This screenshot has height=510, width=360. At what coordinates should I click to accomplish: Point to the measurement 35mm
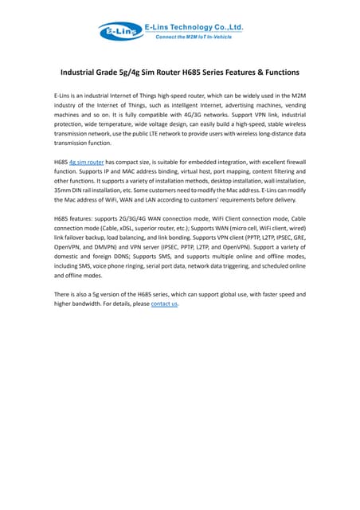[x=65, y=191]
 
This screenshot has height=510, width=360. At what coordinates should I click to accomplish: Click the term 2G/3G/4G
[x=143, y=218]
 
